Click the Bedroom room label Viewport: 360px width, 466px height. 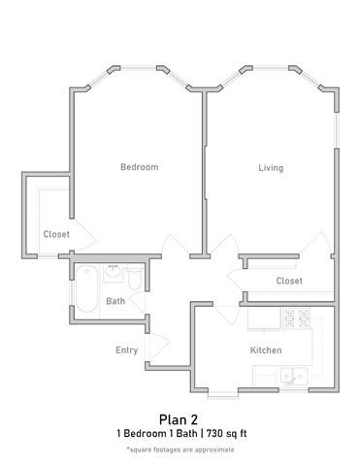139,167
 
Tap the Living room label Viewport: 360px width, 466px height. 271,168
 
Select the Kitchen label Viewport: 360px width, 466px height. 266,349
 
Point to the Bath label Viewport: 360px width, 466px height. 115,301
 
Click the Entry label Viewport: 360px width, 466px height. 126,350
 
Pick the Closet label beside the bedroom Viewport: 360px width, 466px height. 55,234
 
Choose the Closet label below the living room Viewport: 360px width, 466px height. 288,281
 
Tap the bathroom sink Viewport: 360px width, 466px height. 114,269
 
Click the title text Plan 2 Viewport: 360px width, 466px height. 180,418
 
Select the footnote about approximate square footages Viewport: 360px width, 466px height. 180,449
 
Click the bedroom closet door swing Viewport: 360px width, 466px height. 83,233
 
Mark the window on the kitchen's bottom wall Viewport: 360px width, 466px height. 221,391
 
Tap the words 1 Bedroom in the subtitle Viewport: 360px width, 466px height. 138,433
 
